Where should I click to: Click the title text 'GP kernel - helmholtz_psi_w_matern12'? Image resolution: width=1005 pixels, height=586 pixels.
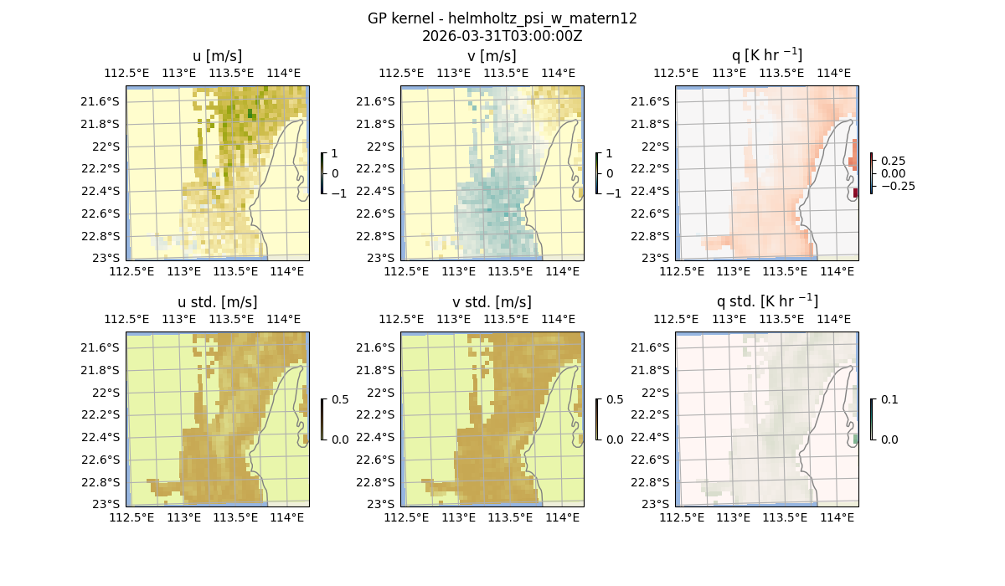click(x=502, y=18)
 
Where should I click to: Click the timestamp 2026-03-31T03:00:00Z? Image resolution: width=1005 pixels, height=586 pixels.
click(x=502, y=36)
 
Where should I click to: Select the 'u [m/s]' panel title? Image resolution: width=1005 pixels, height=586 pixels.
click(x=217, y=56)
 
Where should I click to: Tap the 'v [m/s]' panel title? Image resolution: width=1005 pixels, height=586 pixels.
click(x=492, y=56)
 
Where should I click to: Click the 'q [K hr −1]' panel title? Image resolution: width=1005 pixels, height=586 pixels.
click(x=766, y=55)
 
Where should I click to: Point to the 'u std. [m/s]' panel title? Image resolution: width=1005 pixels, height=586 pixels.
click(x=217, y=302)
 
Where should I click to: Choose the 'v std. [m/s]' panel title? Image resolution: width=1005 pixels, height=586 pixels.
click(x=492, y=302)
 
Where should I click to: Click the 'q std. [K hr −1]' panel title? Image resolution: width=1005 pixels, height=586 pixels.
click(x=766, y=301)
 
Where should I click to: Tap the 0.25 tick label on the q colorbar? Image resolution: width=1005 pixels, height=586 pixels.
click(x=894, y=161)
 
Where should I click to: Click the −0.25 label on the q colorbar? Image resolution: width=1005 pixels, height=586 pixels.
click(x=897, y=186)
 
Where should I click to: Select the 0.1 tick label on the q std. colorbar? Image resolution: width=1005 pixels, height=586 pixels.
click(x=888, y=399)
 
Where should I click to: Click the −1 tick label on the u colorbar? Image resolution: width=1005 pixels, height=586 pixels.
click(x=338, y=193)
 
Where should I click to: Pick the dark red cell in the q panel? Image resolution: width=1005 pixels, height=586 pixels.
click(x=855, y=193)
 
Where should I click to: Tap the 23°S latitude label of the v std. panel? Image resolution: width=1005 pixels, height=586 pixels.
click(x=382, y=504)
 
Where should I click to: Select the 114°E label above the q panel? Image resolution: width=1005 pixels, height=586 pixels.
click(x=832, y=73)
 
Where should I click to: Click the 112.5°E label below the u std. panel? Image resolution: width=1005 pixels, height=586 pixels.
click(x=131, y=518)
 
